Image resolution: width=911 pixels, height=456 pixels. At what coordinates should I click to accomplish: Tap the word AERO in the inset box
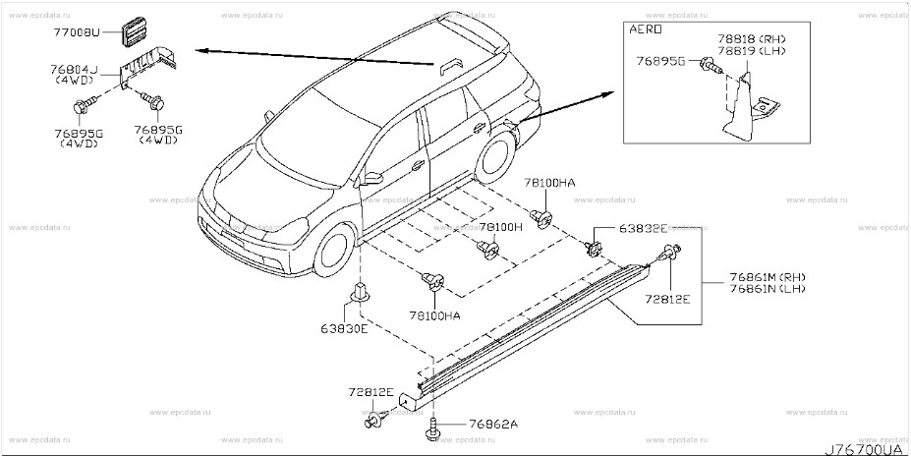(x=642, y=31)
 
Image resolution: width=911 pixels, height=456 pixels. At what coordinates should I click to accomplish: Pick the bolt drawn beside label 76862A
(x=433, y=428)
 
